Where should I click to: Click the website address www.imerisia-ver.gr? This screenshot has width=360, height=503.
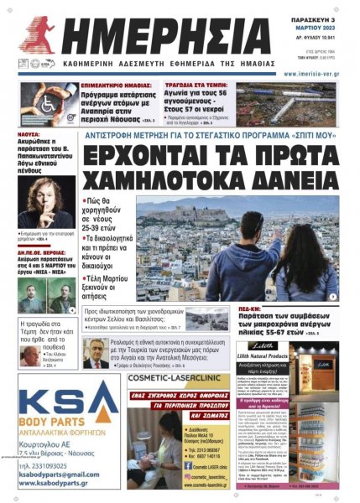pyautogui.click(x=311, y=74)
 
